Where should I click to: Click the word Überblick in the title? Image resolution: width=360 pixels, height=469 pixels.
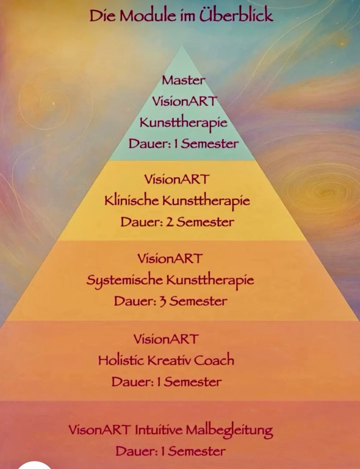(x=236, y=15)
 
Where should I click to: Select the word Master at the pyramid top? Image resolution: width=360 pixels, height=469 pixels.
(x=184, y=80)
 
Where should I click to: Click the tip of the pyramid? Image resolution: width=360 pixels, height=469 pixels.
(x=182, y=45)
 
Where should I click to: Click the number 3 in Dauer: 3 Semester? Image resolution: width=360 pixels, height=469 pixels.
(x=163, y=302)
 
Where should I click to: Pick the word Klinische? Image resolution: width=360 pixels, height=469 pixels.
(x=131, y=200)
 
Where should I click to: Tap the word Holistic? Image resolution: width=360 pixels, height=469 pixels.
(x=121, y=360)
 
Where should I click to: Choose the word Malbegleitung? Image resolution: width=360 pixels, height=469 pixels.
(x=229, y=431)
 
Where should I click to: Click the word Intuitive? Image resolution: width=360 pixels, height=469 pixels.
(x=159, y=430)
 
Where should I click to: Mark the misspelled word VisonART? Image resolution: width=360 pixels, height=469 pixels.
(x=99, y=430)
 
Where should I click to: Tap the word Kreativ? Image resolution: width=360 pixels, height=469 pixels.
(x=169, y=360)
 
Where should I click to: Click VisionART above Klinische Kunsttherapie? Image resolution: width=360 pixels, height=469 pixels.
(x=176, y=179)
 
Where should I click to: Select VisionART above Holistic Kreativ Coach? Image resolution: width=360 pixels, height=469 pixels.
(x=166, y=339)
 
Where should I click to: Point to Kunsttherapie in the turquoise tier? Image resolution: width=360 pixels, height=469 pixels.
(x=184, y=123)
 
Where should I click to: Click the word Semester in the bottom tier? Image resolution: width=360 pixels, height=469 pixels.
(x=196, y=451)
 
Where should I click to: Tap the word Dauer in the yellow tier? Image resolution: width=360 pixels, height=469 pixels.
(x=141, y=222)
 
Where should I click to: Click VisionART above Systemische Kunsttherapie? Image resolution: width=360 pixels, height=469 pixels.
(x=170, y=258)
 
